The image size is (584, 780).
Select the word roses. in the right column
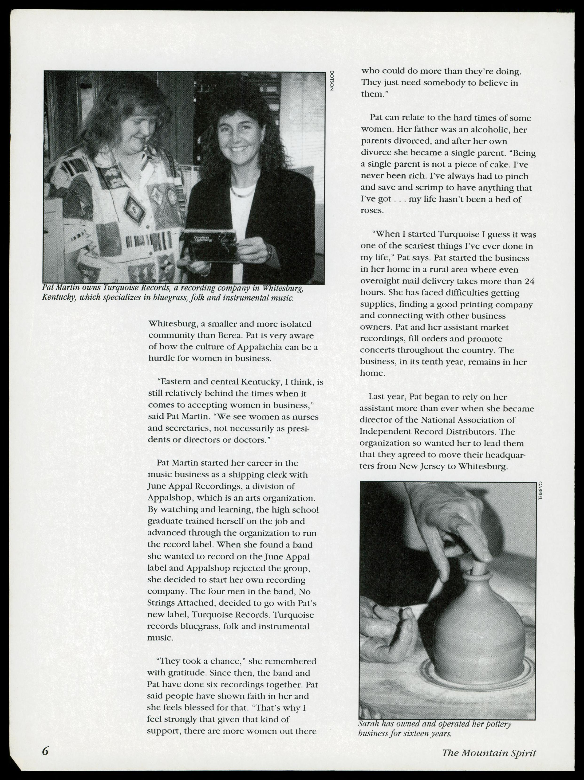372,211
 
